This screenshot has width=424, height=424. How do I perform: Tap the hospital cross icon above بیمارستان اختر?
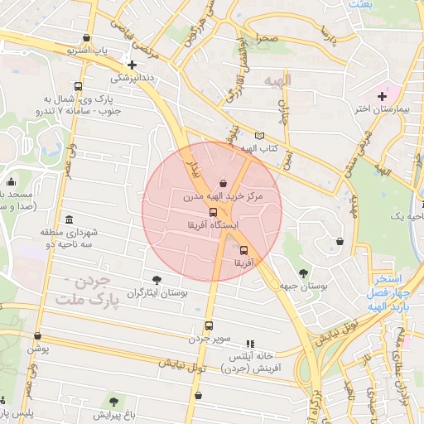tap(382, 97)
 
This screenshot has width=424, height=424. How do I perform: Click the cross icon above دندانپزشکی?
tap(132, 64)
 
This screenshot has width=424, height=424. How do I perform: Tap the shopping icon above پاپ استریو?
tap(88, 38)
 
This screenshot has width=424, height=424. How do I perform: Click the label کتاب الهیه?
tap(258, 149)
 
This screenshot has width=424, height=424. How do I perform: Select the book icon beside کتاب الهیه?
tap(260, 136)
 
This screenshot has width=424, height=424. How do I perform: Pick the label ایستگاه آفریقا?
tap(214, 225)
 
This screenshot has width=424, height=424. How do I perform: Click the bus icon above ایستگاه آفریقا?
tap(214, 212)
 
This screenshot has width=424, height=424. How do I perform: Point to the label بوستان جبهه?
tap(304, 286)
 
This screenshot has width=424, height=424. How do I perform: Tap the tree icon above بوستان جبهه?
tap(304, 272)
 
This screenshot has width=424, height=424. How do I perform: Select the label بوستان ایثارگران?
tap(157, 292)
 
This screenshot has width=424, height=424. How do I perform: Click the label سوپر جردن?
tap(207, 339)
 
